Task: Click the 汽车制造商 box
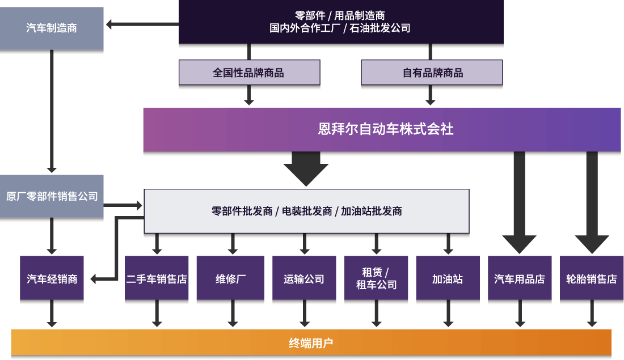pyautogui.click(x=52, y=28)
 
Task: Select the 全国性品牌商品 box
pyautogui.click(x=249, y=73)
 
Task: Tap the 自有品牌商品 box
pyautogui.click(x=432, y=73)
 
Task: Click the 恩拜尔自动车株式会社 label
pyautogui.click(x=385, y=129)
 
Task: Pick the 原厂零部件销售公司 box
pyautogui.click(x=52, y=197)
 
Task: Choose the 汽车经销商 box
pyautogui.click(x=52, y=278)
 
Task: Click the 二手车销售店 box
pyautogui.click(x=157, y=278)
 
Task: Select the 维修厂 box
pyautogui.click(x=230, y=278)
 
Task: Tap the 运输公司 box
pyautogui.click(x=304, y=278)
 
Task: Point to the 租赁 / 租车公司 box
pyautogui.click(x=376, y=278)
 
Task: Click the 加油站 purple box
pyautogui.click(x=448, y=278)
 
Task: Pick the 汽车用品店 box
pyautogui.click(x=520, y=278)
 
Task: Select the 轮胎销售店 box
pyautogui.click(x=592, y=278)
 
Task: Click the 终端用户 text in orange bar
pyautogui.click(x=311, y=343)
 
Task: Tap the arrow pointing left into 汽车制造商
pyautogui.click(x=111, y=24)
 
